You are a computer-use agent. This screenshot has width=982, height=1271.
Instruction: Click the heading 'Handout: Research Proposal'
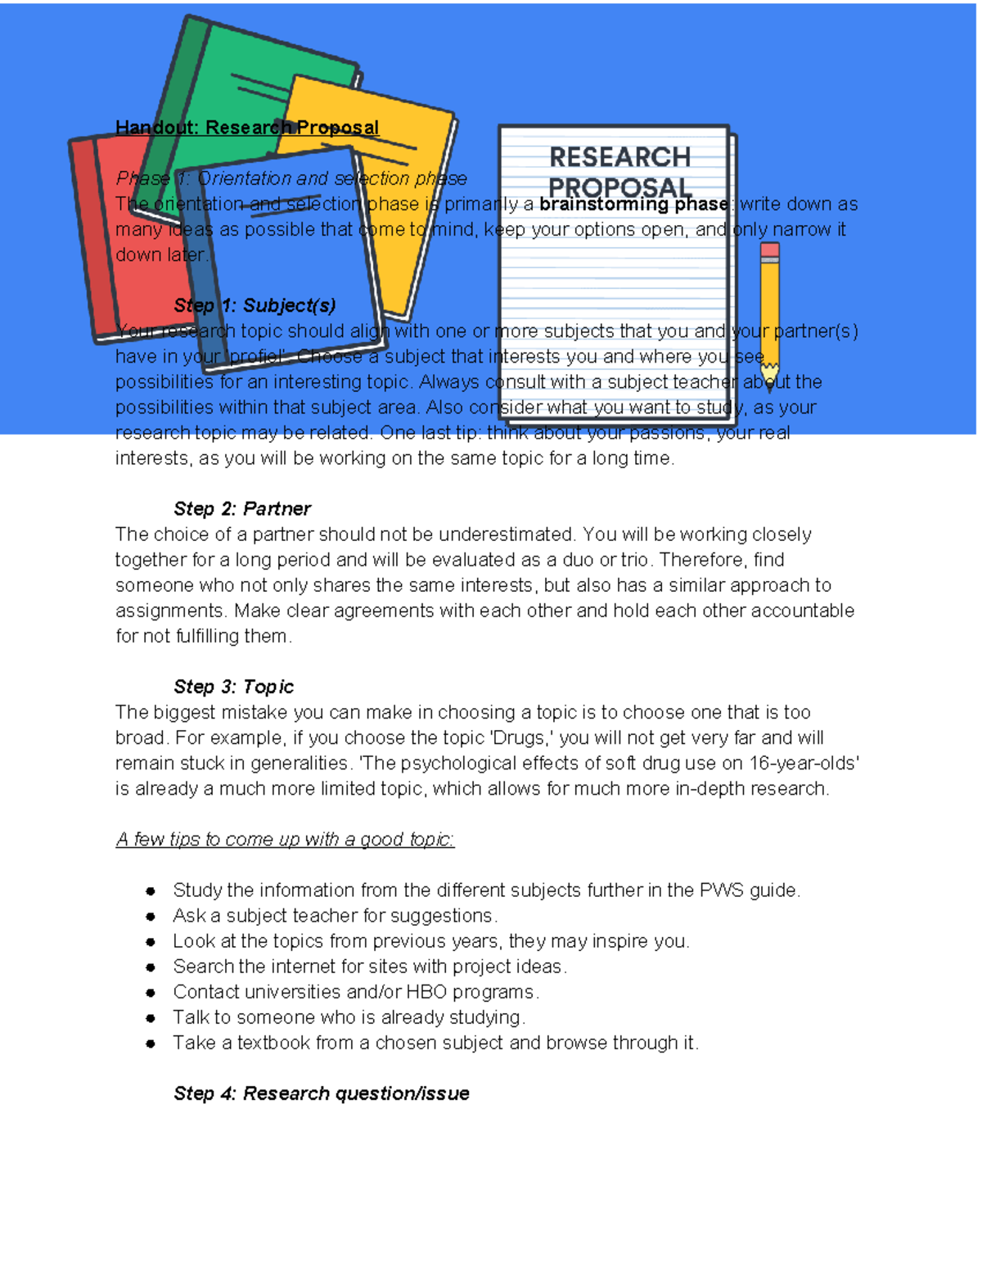(247, 128)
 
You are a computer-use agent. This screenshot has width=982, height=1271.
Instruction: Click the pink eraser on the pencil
(769, 251)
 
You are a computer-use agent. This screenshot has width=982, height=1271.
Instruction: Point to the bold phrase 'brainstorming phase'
(633, 204)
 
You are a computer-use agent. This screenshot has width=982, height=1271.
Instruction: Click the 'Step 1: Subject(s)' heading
(255, 305)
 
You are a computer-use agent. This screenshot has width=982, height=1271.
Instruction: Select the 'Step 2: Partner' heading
(242, 509)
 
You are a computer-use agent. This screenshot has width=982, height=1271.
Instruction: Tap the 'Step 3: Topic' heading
(234, 687)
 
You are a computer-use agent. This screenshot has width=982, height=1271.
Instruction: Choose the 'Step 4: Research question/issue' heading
(322, 1093)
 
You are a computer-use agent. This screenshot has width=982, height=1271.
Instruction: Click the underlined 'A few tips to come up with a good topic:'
(285, 840)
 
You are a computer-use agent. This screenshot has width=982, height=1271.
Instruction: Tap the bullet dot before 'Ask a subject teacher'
(151, 917)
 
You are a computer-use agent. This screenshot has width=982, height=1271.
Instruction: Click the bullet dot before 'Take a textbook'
(151, 1043)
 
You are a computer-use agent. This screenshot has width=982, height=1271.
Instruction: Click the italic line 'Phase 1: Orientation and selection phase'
(291, 178)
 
